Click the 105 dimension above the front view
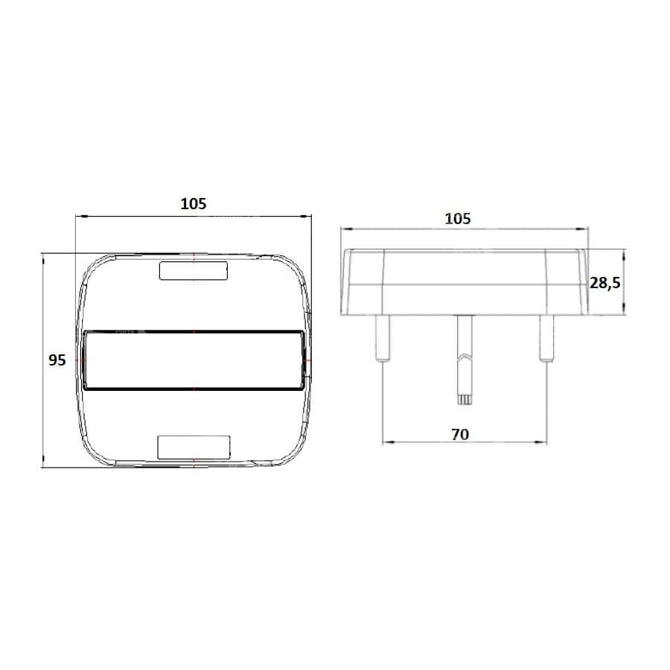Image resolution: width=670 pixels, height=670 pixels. click(x=193, y=204)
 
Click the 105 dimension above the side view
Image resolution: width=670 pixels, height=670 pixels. click(x=458, y=219)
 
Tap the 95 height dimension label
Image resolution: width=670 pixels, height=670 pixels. click(x=57, y=360)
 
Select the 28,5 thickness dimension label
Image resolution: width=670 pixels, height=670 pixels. click(x=604, y=282)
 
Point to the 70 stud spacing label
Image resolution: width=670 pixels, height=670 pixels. click(x=460, y=435)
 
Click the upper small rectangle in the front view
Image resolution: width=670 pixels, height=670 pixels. click(x=193, y=271)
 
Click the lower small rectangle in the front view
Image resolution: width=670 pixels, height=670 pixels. click(x=194, y=447)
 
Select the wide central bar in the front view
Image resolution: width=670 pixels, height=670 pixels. click(x=194, y=360)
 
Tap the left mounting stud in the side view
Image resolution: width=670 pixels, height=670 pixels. click(x=382, y=338)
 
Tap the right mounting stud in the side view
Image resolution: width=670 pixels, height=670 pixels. click(x=546, y=338)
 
